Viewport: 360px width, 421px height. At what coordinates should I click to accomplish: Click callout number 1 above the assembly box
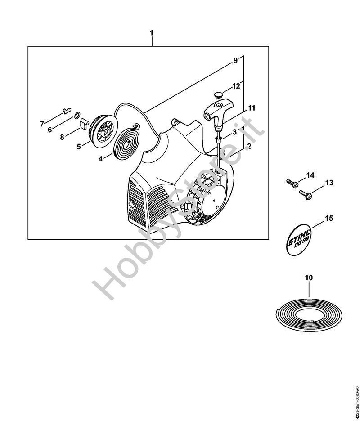coord(152,33)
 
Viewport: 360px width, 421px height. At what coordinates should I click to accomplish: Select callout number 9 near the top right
coord(235,61)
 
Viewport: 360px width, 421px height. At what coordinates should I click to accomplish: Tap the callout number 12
coord(236,85)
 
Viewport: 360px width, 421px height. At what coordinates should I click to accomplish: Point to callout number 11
coord(252,108)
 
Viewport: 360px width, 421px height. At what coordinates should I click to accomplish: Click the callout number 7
coord(42,123)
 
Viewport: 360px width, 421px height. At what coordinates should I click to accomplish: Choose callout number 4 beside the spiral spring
coord(100,158)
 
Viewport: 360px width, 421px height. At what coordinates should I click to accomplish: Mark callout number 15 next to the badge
coord(328,219)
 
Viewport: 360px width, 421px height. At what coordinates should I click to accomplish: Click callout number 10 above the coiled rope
coord(309,278)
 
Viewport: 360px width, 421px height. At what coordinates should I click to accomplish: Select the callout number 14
coord(310,175)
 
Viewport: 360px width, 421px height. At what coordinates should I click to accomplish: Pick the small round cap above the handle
coord(218,94)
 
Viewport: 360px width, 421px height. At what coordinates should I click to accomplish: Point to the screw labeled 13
coord(306,194)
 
